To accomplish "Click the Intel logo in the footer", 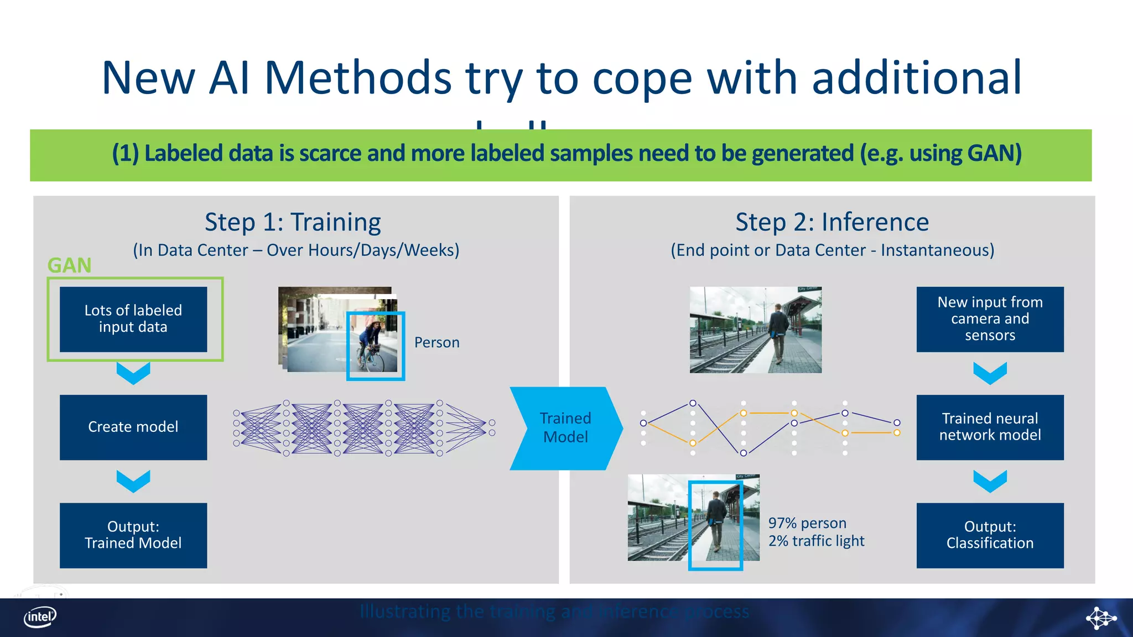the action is (x=40, y=617).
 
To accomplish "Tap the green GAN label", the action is (x=69, y=266).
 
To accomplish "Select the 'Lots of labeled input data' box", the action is (x=133, y=319).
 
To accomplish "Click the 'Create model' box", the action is (x=133, y=427).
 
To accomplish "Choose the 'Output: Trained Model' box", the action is (x=133, y=535).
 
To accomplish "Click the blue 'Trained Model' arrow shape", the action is (x=565, y=428).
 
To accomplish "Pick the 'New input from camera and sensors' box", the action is (x=990, y=319).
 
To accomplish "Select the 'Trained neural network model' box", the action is (x=990, y=427).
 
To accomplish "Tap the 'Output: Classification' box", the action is (x=990, y=535).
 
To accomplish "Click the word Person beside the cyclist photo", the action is (x=436, y=343).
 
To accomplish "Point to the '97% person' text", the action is (x=807, y=523).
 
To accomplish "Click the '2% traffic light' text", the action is (x=816, y=541).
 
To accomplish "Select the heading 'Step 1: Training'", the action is (x=293, y=222).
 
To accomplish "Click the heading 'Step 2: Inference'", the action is (x=832, y=222).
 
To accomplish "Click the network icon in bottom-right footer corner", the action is (x=1100, y=618).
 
